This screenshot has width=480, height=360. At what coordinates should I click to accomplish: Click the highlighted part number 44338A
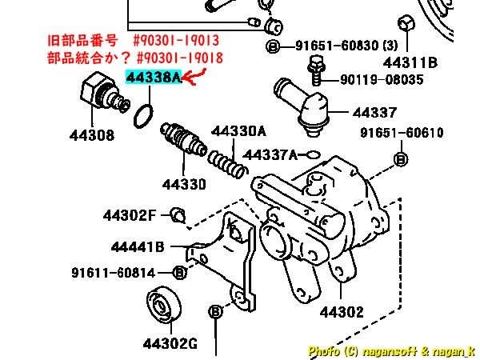pyautogui.click(x=154, y=77)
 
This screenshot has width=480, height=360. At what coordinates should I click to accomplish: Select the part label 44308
pyautogui.click(x=92, y=135)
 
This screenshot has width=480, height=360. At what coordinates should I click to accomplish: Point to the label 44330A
pyautogui.click(x=238, y=131)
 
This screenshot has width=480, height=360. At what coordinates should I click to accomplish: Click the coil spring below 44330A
pyautogui.click(x=227, y=166)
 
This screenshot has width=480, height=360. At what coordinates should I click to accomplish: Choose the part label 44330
pyautogui.click(x=184, y=184)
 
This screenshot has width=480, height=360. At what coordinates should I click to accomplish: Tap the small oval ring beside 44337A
pyautogui.click(x=313, y=155)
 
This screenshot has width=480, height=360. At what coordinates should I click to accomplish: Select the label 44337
pyautogui.click(x=374, y=113)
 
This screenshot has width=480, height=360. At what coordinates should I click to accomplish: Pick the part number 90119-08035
pyautogui.click(x=382, y=79)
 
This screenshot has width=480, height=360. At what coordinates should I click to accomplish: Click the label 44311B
pyautogui.click(x=410, y=63)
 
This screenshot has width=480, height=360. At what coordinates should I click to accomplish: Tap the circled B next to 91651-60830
pyautogui.click(x=273, y=46)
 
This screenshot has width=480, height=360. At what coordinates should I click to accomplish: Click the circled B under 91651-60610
pyautogui.click(x=401, y=159)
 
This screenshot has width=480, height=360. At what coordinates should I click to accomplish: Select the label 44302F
pyautogui.click(x=130, y=215)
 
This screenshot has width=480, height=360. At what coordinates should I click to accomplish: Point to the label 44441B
pyautogui.click(x=138, y=246)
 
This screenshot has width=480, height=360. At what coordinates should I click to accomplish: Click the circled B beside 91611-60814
pyautogui.click(x=180, y=272)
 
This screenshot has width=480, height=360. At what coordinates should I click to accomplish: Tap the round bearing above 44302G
pyautogui.click(x=164, y=305)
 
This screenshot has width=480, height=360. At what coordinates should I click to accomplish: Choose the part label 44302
pyautogui.click(x=342, y=312)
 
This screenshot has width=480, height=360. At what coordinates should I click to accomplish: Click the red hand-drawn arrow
pyautogui.click(x=194, y=77)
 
